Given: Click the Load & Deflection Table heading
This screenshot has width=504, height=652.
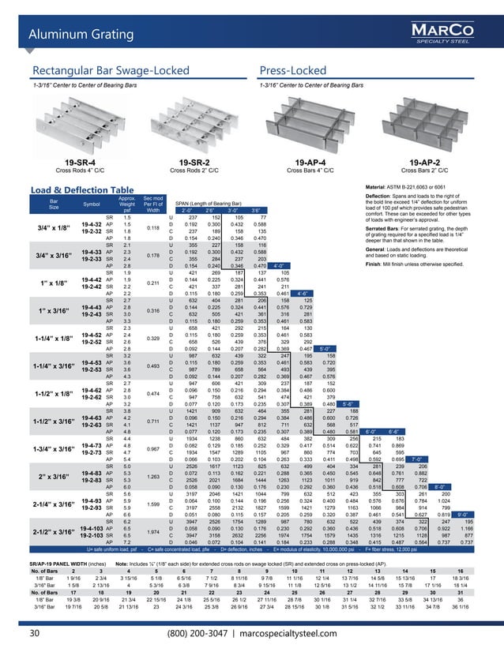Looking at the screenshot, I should pyautogui.click(x=81, y=189).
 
